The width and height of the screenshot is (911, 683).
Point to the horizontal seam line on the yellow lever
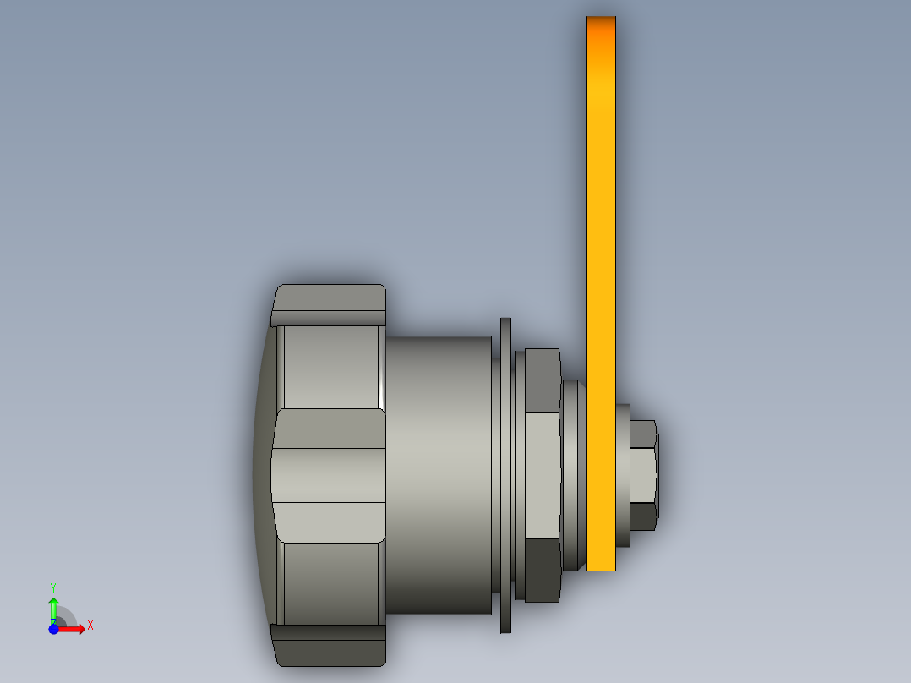tap(601, 111)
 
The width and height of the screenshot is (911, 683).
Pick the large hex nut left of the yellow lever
tap(543, 473)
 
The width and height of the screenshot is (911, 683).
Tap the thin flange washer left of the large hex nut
tap(506, 473)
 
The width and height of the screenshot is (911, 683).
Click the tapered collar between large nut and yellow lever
tap(573, 473)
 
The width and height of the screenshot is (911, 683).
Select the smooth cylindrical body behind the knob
tap(439, 473)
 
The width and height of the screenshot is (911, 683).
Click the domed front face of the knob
tap(261, 473)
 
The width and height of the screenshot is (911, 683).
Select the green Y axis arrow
tap(53, 607)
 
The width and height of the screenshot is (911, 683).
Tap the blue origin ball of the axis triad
tap(53, 630)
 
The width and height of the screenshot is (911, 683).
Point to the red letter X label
tap(90, 626)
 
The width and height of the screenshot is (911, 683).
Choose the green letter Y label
tap(53, 587)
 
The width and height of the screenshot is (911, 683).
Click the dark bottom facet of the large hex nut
tap(543, 571)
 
